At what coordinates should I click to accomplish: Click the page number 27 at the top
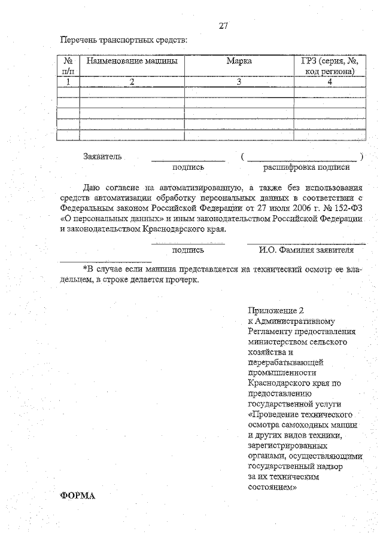(223, 26)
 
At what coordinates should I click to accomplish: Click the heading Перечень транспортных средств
(123, 41)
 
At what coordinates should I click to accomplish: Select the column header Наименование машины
(131, 61)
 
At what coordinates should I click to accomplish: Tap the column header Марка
(239, 61)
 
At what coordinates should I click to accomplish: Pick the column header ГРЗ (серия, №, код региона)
(329, 66)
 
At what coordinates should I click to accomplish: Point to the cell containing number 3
(238, 82)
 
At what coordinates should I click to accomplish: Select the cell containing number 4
(329, 82)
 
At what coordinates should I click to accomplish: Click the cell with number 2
(132, 82)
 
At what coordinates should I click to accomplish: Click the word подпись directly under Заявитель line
(188, 168)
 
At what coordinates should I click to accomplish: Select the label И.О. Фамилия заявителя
(306, 250)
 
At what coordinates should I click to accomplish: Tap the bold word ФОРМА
(78, 496)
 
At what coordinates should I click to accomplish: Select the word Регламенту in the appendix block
(268, 332)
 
